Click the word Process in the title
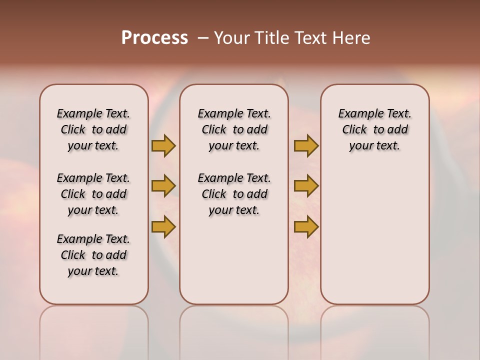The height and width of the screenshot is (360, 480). click(154, 37)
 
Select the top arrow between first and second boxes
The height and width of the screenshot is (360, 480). click(163, 145)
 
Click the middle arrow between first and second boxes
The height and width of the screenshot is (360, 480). click(163, 186)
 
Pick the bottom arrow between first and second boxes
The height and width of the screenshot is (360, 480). click(163, 227)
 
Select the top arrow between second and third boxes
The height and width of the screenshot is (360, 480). click(306, 145)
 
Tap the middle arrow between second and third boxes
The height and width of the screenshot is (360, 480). click(306, 186)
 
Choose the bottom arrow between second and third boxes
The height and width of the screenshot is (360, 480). click(306, 227)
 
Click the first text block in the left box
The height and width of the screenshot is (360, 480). click(93, 129)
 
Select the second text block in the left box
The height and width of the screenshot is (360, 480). click(93, 194)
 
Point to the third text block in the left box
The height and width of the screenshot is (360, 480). click(93, 255)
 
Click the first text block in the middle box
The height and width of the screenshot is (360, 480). click(234, 129)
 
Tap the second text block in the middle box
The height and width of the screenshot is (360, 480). click(234, 194)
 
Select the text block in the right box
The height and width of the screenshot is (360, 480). click(374, 129)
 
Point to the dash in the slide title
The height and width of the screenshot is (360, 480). click(203, 38)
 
